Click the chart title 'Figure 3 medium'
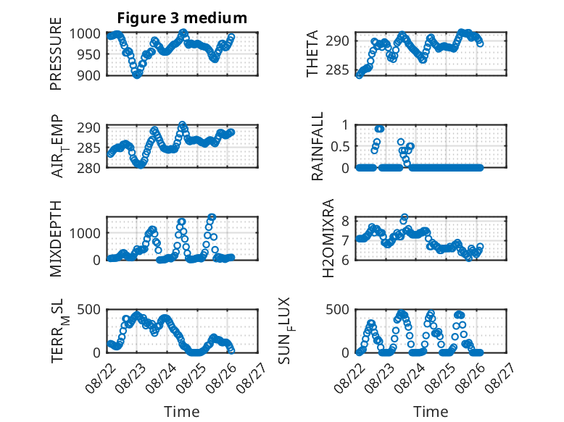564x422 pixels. (x=182, y=17)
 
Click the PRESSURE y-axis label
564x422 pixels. (x=56, y=54)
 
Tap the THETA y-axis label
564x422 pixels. (x=312, y=54)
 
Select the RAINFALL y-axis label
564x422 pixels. (x=318, y=145)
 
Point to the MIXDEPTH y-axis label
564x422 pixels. (x=56, y=238)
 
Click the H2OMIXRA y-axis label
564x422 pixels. (x=328, y=238)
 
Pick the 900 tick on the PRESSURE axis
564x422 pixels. (x=88, y=75)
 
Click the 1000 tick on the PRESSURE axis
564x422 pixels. (x=85, y=34)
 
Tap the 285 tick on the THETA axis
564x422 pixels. (x=337, y=69)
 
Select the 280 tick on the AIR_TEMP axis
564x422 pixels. (x=88, y=168)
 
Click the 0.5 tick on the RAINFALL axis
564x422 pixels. (x=340, y=146)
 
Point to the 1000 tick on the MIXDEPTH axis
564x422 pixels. (x=85, y=233)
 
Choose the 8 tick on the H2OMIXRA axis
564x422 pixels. (x=345, y=221)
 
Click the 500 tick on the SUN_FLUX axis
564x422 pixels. (x=337, y=310)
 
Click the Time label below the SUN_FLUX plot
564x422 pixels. (x=431, y=411)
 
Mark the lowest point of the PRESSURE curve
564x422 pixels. (x=137, y=75)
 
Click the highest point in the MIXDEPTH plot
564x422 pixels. (x=212, y=216)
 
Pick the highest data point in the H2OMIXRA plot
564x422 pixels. (x=405, y=217)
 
